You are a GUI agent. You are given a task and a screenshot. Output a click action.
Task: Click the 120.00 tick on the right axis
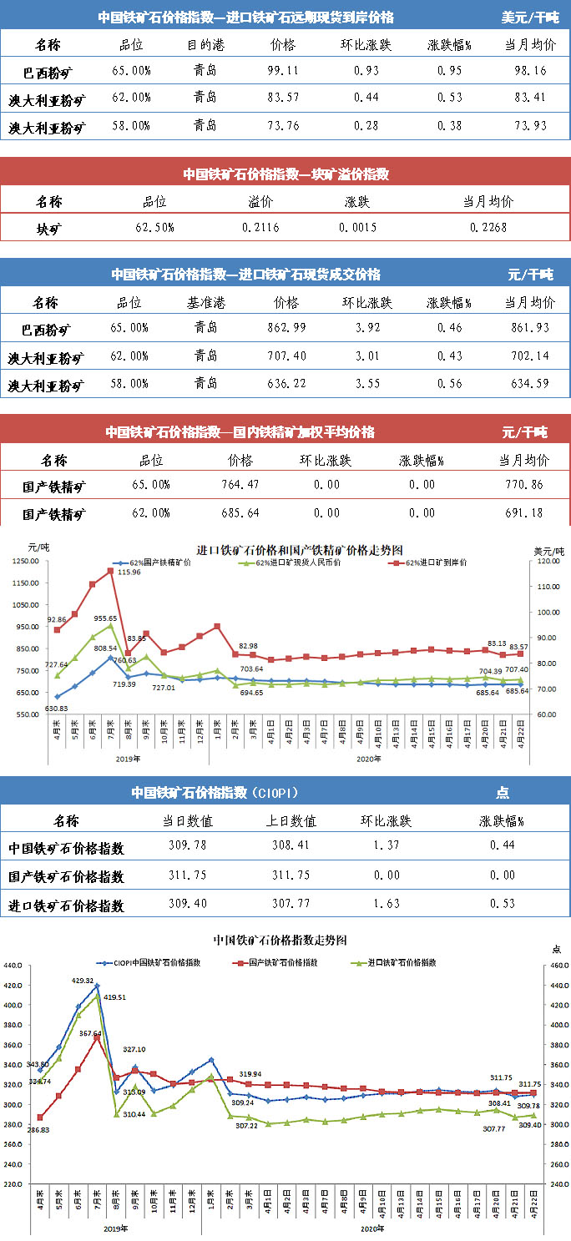point(546,562)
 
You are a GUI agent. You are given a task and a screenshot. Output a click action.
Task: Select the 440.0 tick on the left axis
point(15,966)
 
